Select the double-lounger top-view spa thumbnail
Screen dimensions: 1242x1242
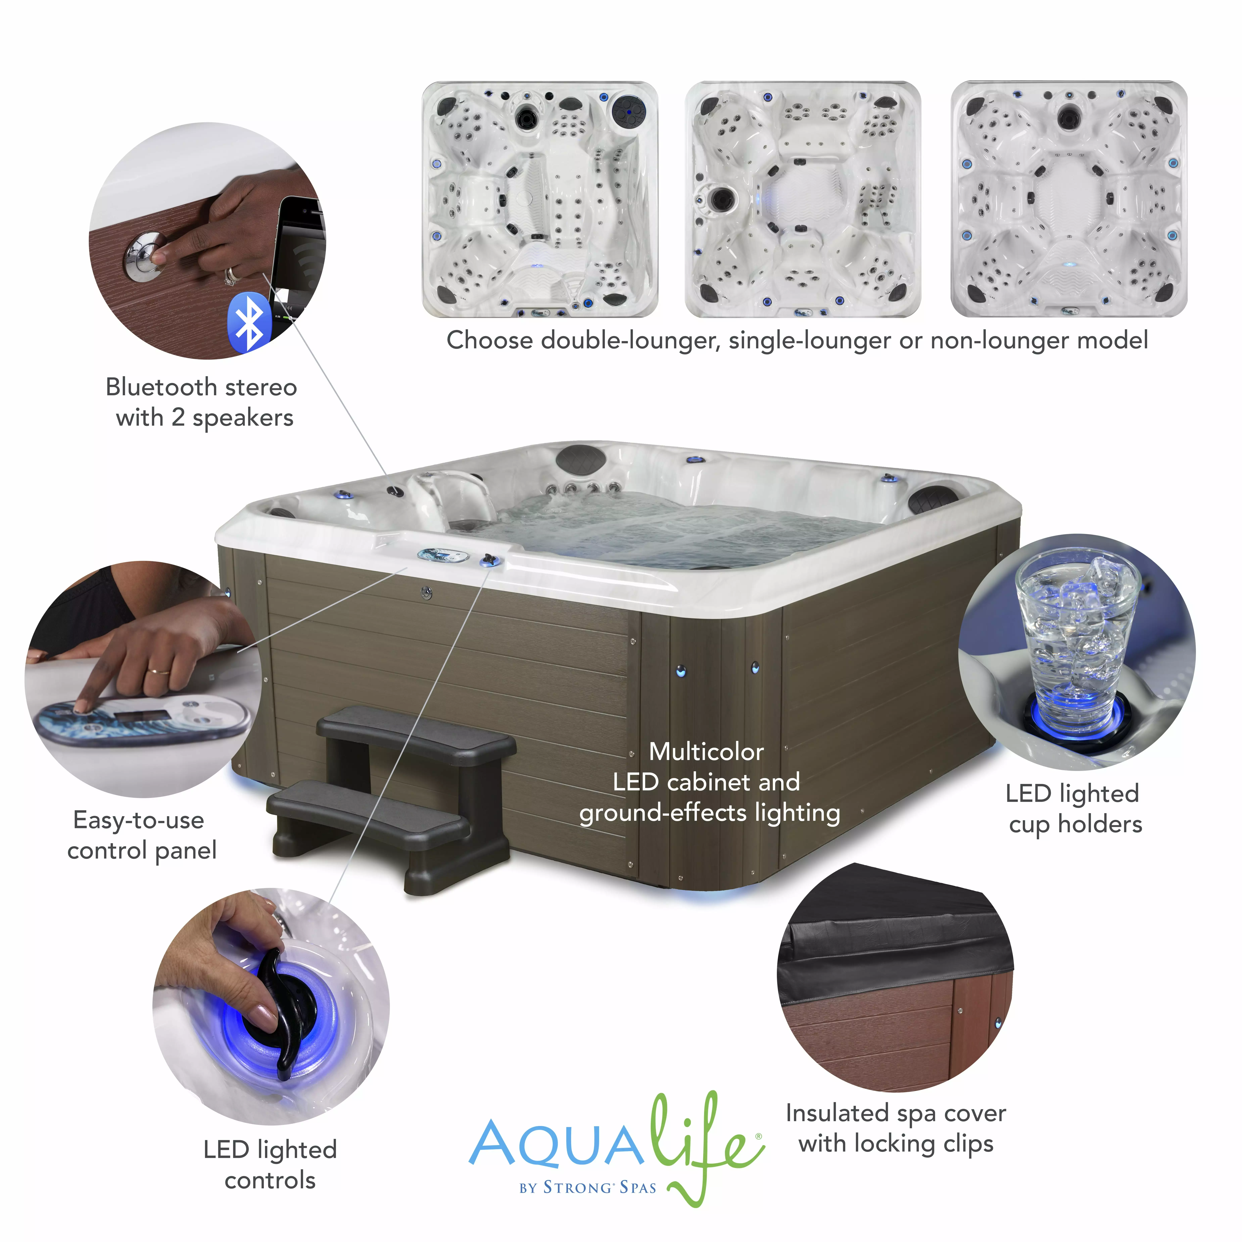click(540, 199)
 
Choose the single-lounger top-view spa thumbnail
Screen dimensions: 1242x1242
click(803, 199)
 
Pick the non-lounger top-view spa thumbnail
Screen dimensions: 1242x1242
click(1069, 199)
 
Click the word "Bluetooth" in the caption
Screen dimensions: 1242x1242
click(161, 387)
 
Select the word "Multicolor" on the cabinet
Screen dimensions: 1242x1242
click(706, 752)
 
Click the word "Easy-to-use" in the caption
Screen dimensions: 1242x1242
click(139, 820)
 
